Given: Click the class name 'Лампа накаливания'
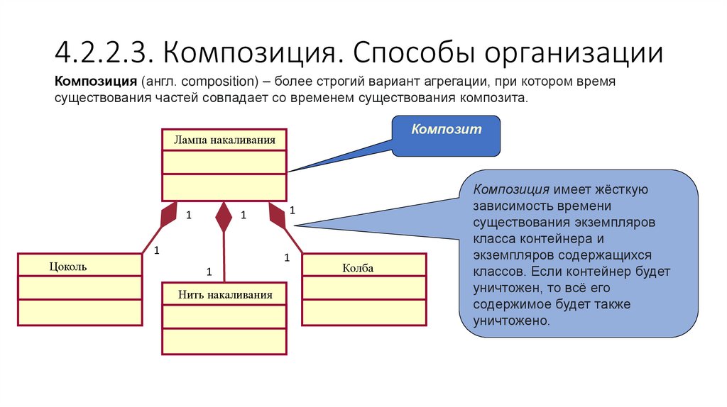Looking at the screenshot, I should (x=224, y=140).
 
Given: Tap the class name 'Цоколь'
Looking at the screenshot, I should (x=68, y=267).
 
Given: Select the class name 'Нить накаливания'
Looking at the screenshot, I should (x=225, y=294).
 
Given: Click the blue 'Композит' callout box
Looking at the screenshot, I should (x=447, y=135).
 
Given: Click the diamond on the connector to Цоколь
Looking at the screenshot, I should (x=169, y=214).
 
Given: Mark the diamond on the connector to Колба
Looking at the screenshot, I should (x=277, y=214).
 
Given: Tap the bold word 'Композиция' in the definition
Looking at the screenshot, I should (x=95, y=82).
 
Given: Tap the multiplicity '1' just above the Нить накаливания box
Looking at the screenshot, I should (x=209, y=272).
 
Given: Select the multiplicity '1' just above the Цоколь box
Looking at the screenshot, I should (x=157, y=250).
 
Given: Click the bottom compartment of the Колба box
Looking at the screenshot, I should (x=364, y=313).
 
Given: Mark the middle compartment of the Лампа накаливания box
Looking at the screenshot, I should (x=224, y=162).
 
